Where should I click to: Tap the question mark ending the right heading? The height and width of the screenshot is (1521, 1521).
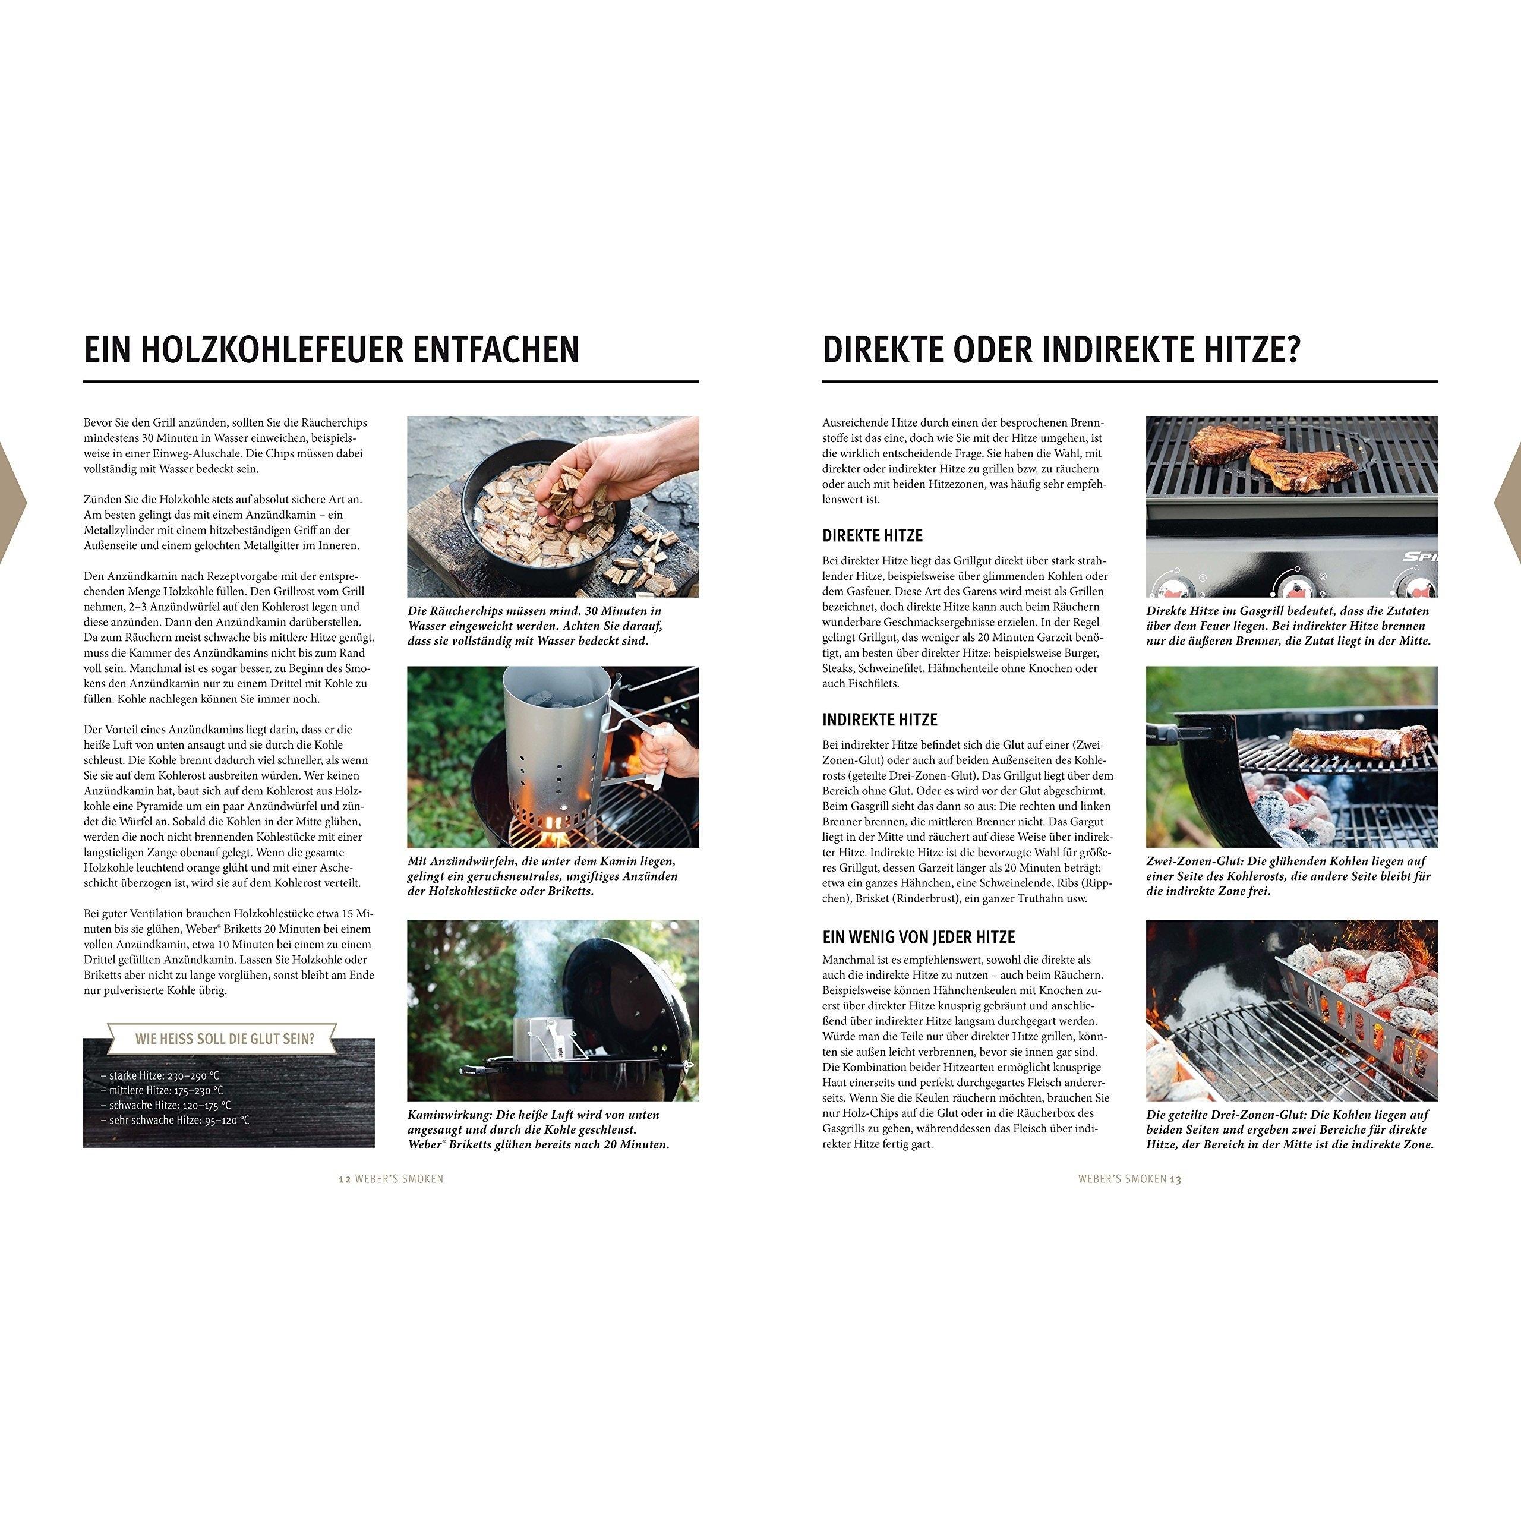point(1291,349)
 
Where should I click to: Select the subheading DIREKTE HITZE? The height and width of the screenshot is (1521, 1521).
point(872,535)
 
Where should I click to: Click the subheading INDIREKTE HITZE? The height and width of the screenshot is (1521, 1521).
point(880,720)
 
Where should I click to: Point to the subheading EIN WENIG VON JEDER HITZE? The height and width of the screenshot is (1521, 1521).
point(919,937)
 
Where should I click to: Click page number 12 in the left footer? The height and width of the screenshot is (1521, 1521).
point(344,1179)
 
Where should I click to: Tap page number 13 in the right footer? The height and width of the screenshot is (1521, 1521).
point(1175,1179)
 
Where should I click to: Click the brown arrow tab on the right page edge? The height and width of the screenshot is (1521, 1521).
point(1509,504)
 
